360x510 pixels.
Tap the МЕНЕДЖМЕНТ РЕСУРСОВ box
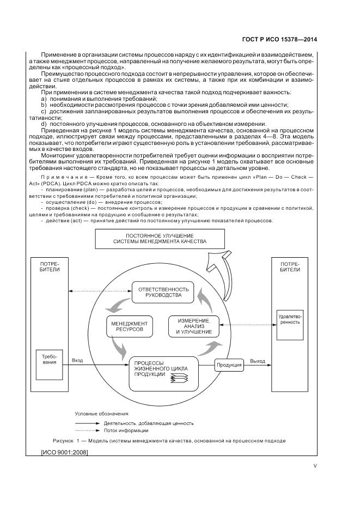(129, 327)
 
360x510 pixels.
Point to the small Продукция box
(229, 365)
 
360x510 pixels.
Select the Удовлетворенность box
(289, 319)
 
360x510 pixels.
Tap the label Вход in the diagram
(77, 361)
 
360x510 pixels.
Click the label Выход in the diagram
(258, 361)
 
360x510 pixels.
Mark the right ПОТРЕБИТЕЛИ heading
(289, 266)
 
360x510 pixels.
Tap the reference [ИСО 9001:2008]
(65, 452)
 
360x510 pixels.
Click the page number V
(315, 466)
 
